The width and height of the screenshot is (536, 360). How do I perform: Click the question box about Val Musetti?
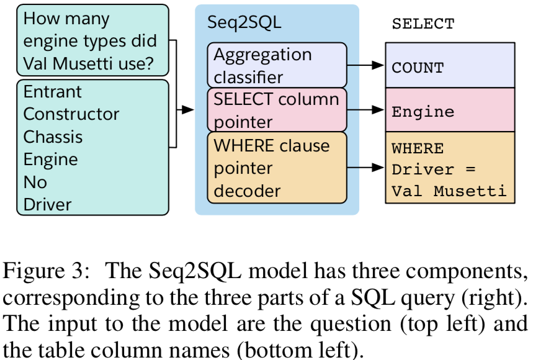coord(92,41)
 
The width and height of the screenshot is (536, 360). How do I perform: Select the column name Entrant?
coord(53,92)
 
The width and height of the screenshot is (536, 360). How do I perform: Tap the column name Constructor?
coord(71,114)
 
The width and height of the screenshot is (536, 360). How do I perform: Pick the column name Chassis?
coord(53,137)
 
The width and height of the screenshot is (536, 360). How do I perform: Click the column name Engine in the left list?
coord(51,160)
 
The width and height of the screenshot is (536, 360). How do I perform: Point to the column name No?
coord(35,182)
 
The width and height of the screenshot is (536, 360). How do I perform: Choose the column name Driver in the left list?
coord(48,204)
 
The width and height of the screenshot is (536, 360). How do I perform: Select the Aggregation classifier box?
coord(276,65)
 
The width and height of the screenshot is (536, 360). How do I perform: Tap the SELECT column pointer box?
coord(276,110)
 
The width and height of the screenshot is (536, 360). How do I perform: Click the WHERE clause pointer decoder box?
coord(276,168)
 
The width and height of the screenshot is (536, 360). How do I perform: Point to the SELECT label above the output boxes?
coord(422,25)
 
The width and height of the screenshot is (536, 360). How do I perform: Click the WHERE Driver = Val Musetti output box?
coord(450,168)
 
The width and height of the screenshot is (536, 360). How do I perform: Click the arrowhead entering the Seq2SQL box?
coord(187,110)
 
